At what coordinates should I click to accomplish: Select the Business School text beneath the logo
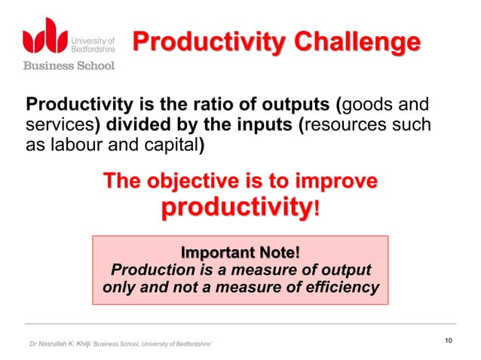(69, 66)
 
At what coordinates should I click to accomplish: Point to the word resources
(351, 124)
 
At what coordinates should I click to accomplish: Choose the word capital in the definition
(170, 145)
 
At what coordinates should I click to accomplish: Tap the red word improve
(337, 182)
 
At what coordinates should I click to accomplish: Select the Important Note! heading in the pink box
(240, 252)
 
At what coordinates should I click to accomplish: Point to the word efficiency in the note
(341, 288)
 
